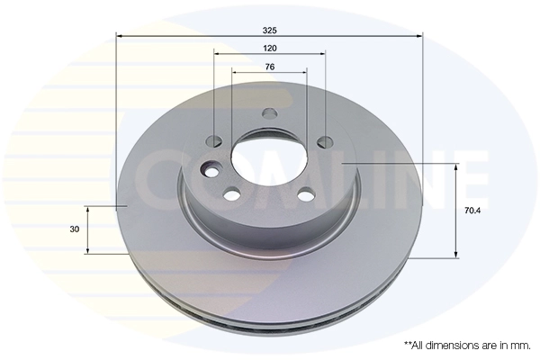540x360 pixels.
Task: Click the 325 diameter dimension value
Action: click(270, 31)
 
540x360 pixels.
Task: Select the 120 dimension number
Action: click(270, 49)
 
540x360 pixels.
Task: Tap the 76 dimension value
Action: click(270, 67)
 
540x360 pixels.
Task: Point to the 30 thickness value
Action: click(75, 229)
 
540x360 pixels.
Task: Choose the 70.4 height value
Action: click(472, 211)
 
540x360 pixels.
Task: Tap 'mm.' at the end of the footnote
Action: click(522, 346)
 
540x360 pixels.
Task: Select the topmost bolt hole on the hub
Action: click(270, 112)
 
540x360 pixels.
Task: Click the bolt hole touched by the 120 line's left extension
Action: click(214, 140)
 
